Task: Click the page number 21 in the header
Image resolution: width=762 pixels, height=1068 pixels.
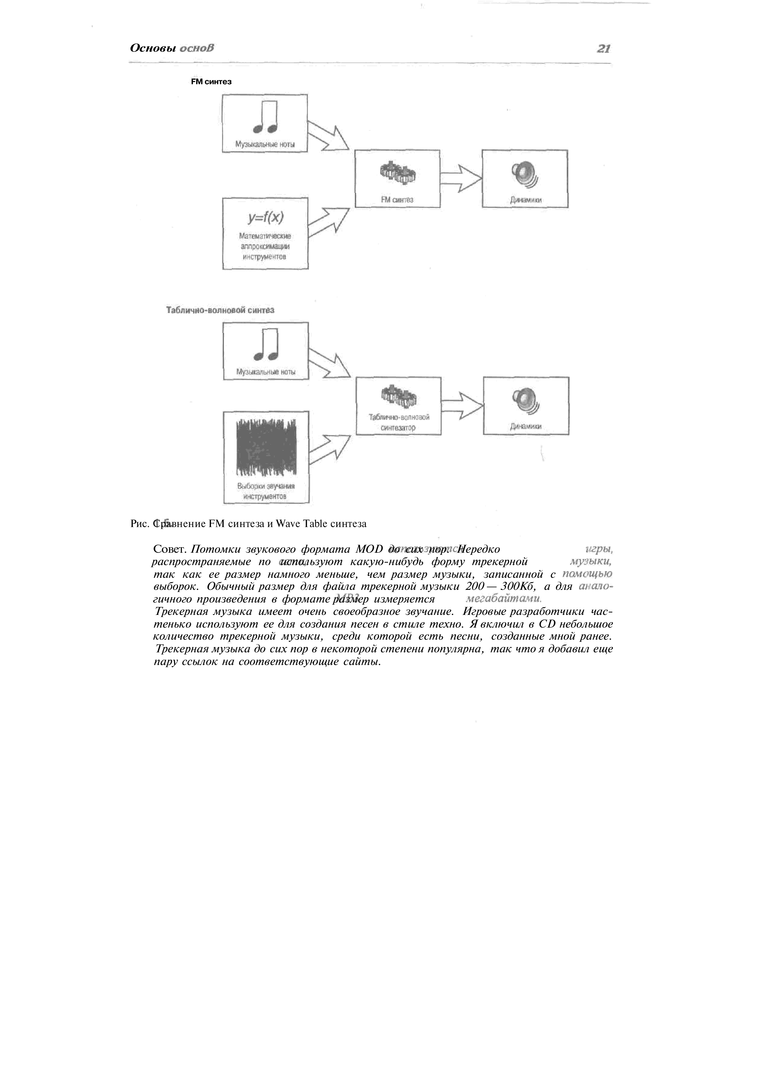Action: point(603,48)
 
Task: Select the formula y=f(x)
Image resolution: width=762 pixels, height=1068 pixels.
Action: point(266,218)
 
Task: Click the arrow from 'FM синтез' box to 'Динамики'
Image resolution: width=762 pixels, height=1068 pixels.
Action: point(461,178)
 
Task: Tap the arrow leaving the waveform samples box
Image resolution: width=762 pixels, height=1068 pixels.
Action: point(329,450)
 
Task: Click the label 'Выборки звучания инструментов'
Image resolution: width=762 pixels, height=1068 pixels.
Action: point(266,491)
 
